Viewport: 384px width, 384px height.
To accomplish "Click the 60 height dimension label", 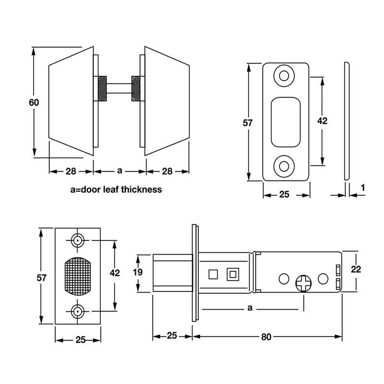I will (34, 102).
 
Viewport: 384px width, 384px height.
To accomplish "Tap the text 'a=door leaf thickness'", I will (116, 189).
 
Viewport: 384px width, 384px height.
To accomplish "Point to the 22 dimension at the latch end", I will (355, 269).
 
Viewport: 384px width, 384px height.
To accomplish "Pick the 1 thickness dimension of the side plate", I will (363, 188).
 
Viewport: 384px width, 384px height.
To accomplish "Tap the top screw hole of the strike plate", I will (285, 76).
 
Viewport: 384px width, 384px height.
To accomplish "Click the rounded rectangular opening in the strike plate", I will (286, 121).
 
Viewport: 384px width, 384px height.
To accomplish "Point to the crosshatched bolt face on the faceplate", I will (77, 277).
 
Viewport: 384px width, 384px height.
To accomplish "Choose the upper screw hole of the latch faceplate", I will (77, 240).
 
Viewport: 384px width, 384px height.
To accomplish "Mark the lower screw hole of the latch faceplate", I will (77, 313).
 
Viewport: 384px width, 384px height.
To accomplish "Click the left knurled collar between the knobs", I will (102, 89).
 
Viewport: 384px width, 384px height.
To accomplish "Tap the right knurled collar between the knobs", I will (136, 89).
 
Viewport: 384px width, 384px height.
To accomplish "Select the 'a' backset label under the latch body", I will (249, 308).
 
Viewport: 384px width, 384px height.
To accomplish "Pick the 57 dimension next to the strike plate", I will (247, 123).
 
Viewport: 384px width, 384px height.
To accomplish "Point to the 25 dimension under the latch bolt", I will (172, 336).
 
